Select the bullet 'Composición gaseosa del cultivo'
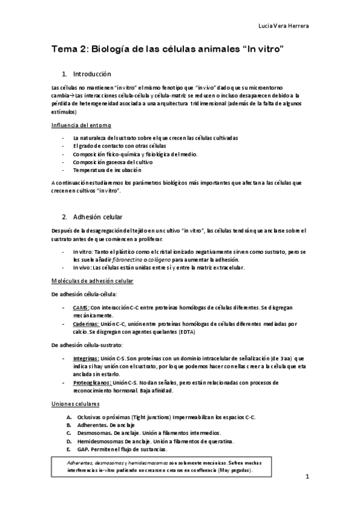pyautogui.click(x=112, y=162)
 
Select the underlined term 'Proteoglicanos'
pyautogui.click(x=91, y=382)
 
